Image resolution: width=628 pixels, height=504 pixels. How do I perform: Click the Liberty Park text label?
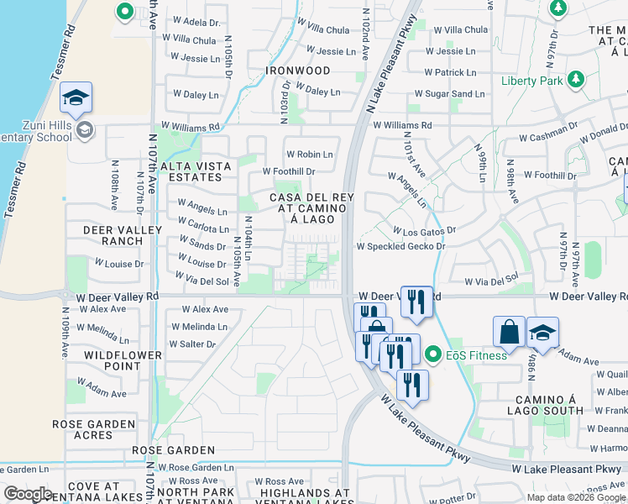coord(532,81)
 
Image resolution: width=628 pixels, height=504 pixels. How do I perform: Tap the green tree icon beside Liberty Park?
coord(575,80)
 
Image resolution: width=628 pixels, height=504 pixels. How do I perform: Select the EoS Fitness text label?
coord(476,354)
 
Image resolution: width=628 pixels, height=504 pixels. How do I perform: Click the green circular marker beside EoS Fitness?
coord(433,354)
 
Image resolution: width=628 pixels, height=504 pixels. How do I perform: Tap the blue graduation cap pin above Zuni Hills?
coord(76,99)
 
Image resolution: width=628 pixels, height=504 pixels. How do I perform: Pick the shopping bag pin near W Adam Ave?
coord(509,332)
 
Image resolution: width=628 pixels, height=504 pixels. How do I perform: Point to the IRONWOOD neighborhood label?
coord(298,71)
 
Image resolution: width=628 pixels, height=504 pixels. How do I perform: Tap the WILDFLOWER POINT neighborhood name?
coord(123,360)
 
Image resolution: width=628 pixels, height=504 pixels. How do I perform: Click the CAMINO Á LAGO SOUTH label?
coord(545,404)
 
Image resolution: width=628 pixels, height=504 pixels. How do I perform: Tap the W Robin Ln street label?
coord(309,155)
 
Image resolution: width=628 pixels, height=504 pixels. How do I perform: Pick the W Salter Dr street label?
coord(192,344)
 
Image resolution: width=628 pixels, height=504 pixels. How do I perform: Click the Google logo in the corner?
coord(28,494)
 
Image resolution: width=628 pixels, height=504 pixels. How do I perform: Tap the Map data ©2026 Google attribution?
coord(576,497)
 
